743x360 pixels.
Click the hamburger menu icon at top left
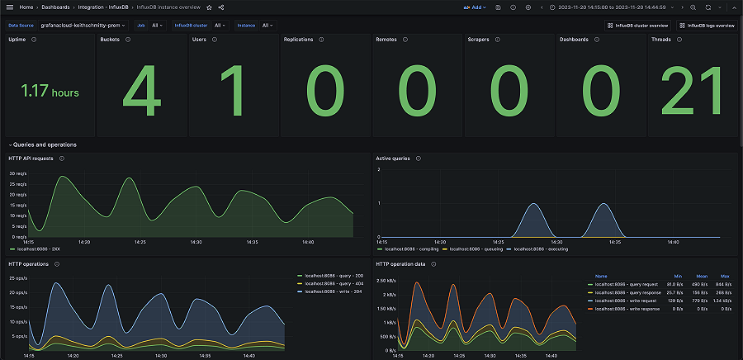click(x=9, y=7)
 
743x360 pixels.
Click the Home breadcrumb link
click(x=26, y=7)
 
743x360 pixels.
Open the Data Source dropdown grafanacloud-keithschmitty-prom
click(x=83, y=26)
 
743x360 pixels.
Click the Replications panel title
click(x=298, y=40)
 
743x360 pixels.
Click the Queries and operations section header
click(x=45, y=144)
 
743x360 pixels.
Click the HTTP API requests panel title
click(x=31, y=158)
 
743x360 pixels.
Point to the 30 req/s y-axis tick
click(x=18, y=173)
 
